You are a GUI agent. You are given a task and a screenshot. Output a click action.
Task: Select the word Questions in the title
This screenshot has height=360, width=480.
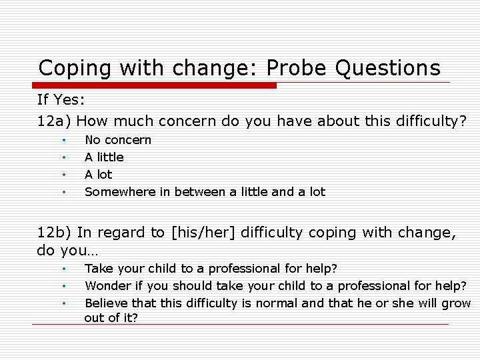pyautogui.click(x=387, y=68)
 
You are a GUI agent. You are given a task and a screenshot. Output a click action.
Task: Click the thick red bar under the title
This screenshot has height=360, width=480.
pyautogui.click(x=154, y=85)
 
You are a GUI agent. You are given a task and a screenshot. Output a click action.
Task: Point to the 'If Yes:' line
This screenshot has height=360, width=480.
pyautogui.click(x=61, y=100)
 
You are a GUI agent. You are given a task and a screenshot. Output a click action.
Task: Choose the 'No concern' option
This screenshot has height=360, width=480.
pyautogui.click(x=117, y=140)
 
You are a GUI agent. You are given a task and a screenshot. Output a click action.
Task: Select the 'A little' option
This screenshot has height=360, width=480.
pyautogui.click(x=103, y=157)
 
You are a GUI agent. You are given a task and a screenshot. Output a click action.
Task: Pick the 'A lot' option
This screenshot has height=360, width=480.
pyautogui.click(x=98, y=175)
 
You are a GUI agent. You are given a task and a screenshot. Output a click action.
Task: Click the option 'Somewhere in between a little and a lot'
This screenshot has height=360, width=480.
pyautogui.click(x=205, y=192)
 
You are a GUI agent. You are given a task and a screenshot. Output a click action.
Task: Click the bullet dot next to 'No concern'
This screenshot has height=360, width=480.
pyautogui.click(x=63, y=141)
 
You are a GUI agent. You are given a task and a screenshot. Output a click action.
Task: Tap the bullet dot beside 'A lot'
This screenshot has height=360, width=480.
pyautogui.click(x=63, y=175)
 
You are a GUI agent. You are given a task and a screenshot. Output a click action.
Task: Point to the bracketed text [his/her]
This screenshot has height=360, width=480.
pyautogui.click(x=203, y=233)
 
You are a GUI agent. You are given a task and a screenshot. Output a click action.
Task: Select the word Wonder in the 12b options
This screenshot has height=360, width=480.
pyautogui.click(x=107, y=286)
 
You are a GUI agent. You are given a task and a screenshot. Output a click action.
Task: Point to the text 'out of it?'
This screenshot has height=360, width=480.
pyautogui.click(x=111, y=318)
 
